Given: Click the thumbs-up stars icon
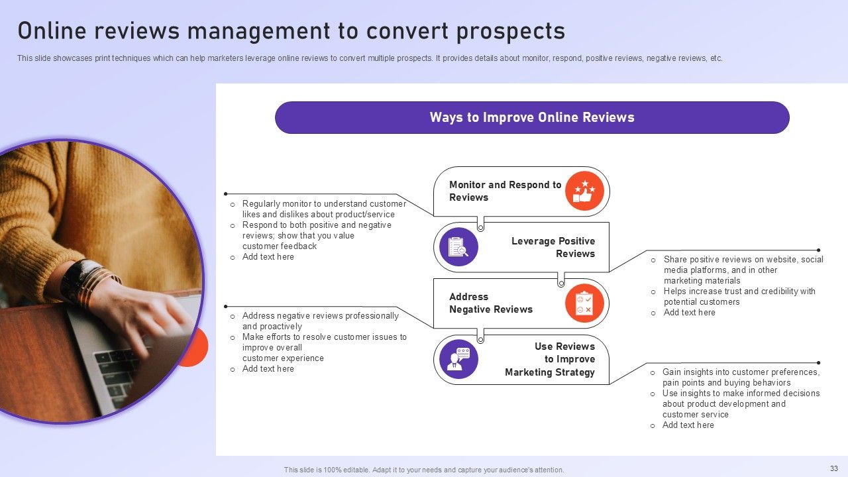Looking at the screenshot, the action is (584, 191).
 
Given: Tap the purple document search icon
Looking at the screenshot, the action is (458, 247).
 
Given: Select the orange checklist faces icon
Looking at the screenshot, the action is (584, 303).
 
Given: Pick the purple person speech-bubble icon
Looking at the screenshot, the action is (458, 359).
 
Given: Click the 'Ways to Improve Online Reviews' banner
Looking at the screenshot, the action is (532, 118).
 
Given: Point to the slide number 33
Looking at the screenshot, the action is (833, 468).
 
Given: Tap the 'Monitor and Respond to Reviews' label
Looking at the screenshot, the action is (505, 191).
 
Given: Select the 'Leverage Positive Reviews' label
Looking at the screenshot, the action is (553, 247).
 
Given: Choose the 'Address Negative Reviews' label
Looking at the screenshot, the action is (490, 303).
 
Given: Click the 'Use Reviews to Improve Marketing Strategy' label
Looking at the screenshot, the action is (550, 359).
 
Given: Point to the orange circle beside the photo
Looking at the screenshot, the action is (197, 347).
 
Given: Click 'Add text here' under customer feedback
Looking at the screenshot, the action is (268, 257).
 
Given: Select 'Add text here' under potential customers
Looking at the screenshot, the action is (689, 313).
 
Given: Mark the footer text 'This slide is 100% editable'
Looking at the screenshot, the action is (424, 470).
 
